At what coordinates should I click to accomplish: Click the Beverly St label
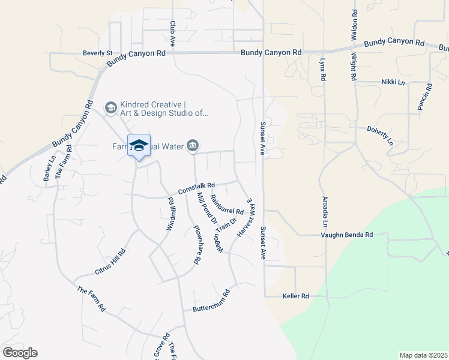[98, 53]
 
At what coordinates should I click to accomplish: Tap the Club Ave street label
[172, 34]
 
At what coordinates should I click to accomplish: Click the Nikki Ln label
[393, 82]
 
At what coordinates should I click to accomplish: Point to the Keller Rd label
[295, 296]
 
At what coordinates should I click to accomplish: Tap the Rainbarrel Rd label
[227, 207]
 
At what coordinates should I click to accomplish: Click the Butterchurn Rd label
[211, 301]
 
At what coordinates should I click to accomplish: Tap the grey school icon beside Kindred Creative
[110, 107]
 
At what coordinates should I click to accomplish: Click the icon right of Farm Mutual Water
[193, 146]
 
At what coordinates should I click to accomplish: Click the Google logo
[20, 353]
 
